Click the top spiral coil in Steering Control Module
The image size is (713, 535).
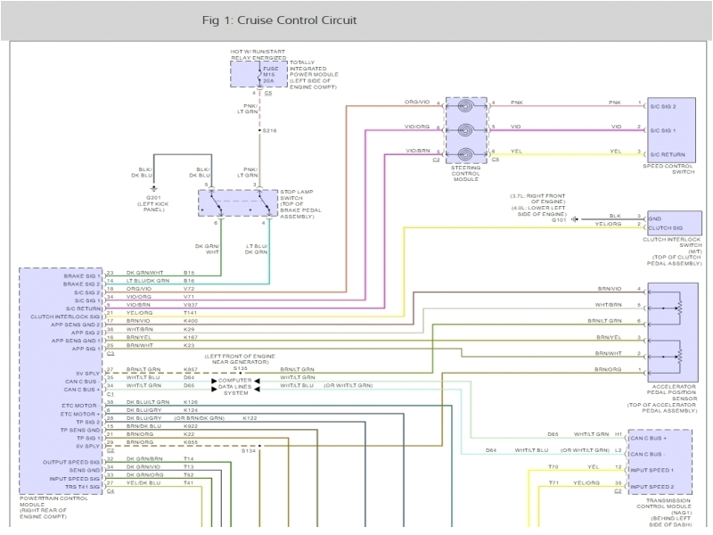click(x=465, y=104)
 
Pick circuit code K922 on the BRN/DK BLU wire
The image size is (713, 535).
click(x=190, y=425)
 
